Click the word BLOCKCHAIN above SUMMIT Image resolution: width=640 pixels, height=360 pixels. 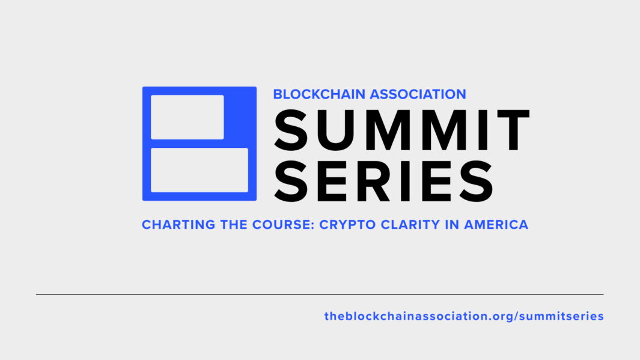(319, 94)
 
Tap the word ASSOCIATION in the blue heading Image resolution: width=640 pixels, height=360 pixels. (418, 94)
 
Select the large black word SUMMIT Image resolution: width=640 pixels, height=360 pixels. (401, 130)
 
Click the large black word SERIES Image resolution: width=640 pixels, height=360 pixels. (383, 181)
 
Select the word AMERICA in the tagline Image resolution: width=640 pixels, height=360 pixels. (496, 225)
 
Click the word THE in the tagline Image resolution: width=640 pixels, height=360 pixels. (234, 225)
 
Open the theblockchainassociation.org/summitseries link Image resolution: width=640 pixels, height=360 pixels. (464, 316)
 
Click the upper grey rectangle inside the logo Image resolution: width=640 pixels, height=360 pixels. (187, 117)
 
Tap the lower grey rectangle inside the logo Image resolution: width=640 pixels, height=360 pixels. (200, 170)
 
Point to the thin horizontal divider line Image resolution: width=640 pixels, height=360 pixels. (320, 294)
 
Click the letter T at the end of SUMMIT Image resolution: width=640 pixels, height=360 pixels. (510, 130)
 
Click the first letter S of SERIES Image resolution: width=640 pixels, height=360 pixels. (291, 181)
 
